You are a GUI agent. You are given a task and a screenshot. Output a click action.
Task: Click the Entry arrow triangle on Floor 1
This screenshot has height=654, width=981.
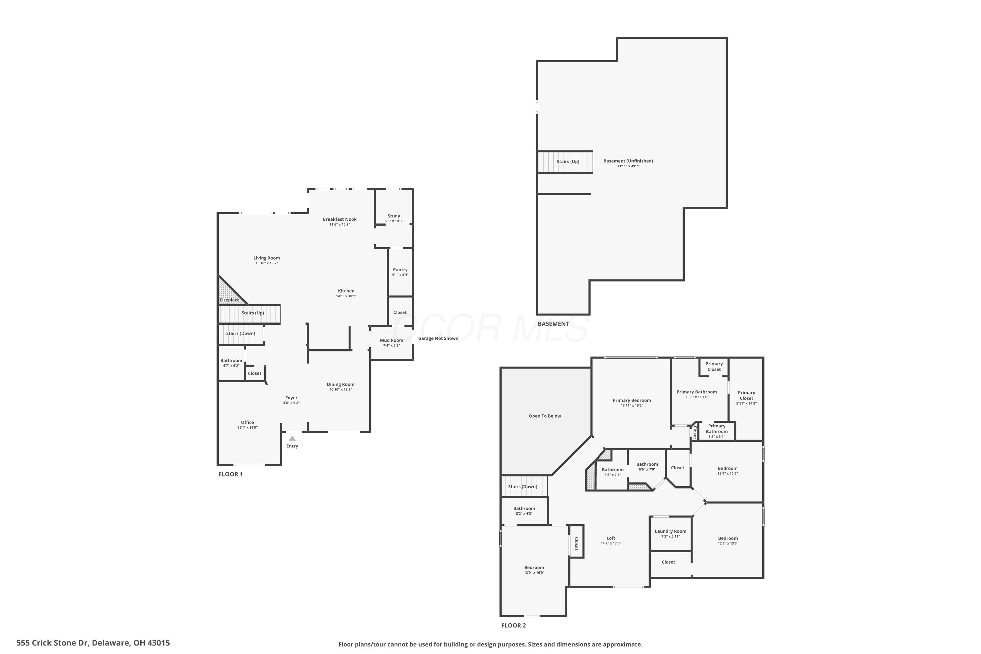point(292,439)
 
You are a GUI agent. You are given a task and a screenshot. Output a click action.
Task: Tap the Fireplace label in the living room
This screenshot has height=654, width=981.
point(230,300)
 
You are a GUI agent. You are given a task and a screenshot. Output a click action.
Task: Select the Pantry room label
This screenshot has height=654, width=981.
point(400,269)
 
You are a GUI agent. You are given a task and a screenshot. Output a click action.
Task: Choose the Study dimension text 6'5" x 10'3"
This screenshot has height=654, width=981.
point(394,221)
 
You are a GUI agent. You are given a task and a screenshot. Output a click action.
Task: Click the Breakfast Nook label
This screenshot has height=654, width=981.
point(339,219)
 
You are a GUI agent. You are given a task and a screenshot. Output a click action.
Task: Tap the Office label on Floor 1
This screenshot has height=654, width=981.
point(247,422)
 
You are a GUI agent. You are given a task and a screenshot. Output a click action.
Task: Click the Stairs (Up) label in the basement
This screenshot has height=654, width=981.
point(568,162)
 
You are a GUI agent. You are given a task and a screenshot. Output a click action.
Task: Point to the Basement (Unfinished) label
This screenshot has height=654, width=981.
point(628,161)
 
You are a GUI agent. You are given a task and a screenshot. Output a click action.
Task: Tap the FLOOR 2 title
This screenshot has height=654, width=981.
point(513,625)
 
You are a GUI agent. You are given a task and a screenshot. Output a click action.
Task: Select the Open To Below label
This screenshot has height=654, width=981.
point(545,416)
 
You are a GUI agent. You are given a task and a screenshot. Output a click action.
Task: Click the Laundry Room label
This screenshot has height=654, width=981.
point(670,531)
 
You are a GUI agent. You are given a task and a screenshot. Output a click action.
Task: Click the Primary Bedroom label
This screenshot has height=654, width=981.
point(631,400)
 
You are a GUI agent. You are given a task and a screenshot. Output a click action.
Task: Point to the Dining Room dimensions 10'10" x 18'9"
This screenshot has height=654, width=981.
point(340,389)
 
